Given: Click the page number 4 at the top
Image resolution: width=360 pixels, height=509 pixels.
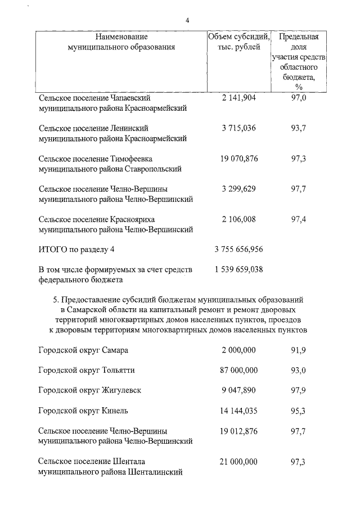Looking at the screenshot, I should click(187, 21).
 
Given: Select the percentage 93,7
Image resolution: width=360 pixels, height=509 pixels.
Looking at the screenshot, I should click(298, 128).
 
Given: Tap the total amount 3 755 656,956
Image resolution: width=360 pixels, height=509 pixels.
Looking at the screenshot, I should click(238, 249).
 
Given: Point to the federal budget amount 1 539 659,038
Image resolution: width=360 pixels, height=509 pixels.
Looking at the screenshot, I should click(238, 269).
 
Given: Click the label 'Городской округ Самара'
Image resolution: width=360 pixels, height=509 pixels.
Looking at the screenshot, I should click(83, 350).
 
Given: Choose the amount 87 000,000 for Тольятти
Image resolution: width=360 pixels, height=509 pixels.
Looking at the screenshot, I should click(238, 370).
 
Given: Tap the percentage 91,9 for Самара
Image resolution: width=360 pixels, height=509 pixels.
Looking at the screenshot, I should click(298, 350).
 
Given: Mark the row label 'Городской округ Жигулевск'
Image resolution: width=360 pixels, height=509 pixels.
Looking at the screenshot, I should click(89, 390).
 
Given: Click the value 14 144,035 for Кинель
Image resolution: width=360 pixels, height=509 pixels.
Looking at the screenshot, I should click(238, 411).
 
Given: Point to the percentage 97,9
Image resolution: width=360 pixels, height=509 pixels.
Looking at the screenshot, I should click(298, 390).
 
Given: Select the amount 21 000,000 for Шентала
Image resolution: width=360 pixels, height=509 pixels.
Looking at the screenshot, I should click(238, 461).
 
